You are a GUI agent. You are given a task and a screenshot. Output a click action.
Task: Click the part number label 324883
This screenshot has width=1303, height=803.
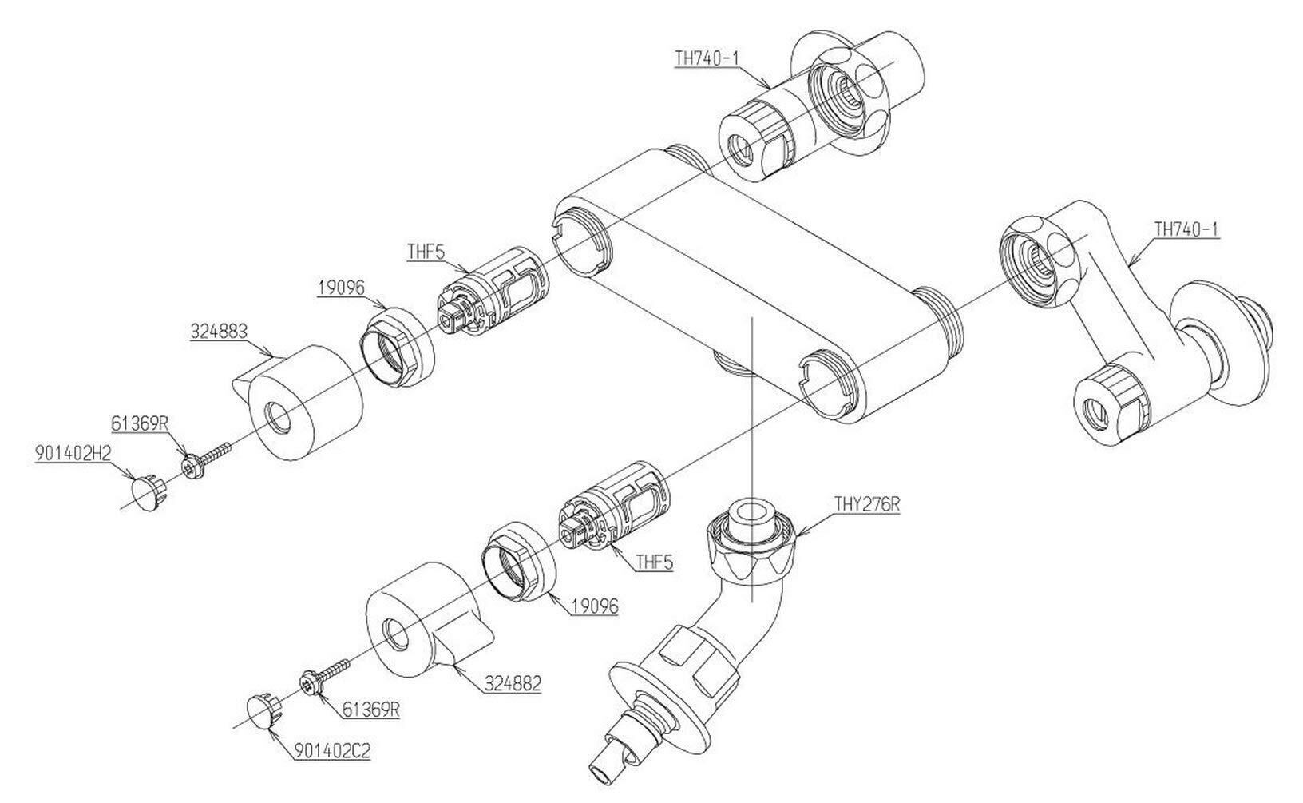pyautogui.click(x=218, y=332)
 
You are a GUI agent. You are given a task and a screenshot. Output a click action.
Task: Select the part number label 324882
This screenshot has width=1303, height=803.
pyautogui.click(x=513, y=682)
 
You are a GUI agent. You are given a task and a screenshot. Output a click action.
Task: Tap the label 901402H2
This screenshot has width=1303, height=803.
pyautogui.click(x=73, y=453)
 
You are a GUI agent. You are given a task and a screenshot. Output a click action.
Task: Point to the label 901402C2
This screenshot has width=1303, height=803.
pyautogui.click(x=331, y=750)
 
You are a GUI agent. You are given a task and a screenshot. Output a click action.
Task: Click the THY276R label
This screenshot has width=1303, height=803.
pyautogui.click(x=867, y=503)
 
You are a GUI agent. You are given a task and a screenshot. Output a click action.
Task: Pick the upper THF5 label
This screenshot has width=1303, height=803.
pyautogui.click(x=426, y=252)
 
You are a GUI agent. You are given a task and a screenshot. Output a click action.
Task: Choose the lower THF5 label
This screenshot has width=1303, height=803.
pyautogui.click(x=654, y=562)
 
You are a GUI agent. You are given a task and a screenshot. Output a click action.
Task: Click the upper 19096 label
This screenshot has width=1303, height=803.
pyautogui.click(x=341, y=288)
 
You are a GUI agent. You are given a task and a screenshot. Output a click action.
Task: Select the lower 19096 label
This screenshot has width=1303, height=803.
pyautogui.click(x=595, y=606)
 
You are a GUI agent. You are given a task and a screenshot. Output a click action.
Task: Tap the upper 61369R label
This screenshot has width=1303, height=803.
pyautogui.click(x=139, y=423)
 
